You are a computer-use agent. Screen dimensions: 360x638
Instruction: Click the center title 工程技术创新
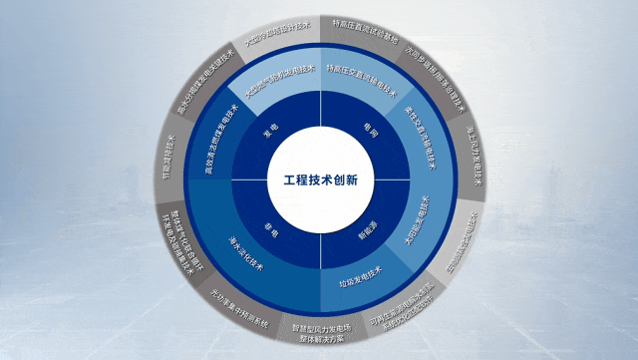(x=319, y=180)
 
